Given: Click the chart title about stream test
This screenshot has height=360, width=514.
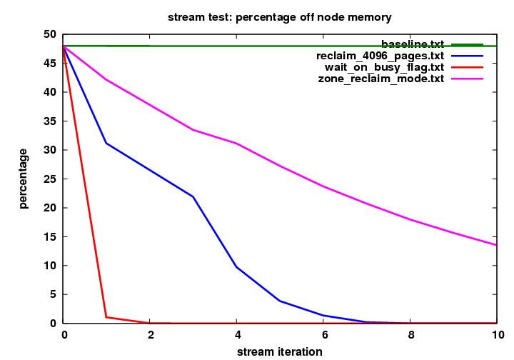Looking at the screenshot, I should tap(279, 16).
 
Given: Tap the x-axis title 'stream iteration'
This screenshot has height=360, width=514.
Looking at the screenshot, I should tap(279, 351).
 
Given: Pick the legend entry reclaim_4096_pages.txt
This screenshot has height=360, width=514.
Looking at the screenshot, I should tap(380, 56).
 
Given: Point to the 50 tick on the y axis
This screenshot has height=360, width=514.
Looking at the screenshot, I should tap(51, 34).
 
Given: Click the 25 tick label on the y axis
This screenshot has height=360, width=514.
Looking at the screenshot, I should tap(51, 179).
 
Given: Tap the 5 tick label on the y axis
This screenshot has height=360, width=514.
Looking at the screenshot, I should tap(54, 294).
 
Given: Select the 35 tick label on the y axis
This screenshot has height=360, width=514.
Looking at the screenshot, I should tap(51, 121).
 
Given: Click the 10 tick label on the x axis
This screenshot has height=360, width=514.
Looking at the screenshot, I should tap(497, 334).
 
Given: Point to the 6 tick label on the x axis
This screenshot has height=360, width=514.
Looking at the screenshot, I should tap(323, 334).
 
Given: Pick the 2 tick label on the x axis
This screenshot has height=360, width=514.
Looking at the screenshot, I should tap(150, 334).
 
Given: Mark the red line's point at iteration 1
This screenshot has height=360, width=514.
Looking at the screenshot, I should tap(106, 316).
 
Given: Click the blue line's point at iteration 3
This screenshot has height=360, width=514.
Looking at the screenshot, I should tap(193, 196).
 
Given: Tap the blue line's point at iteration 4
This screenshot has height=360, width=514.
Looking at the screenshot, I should tap(236, 266).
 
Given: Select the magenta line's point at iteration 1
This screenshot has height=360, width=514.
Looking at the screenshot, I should tap(106, 79).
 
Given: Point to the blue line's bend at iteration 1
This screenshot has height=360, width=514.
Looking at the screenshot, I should tap(106, 143).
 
